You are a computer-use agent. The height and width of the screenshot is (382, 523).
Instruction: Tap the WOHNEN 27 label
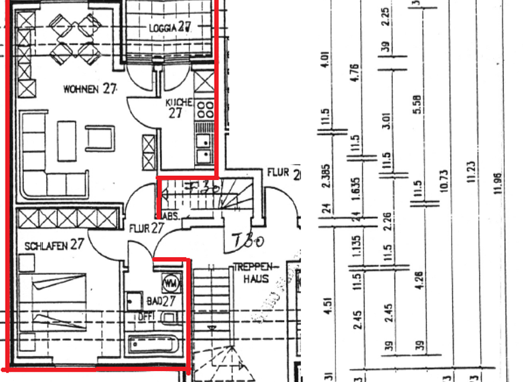[x=89, y=89]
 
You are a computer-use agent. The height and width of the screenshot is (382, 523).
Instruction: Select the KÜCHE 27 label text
[x=179, y=108]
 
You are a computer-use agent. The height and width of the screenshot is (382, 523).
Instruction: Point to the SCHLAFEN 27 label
[x=54, y=244]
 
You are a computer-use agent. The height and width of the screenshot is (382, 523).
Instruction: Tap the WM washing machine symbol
[x=170, y=281]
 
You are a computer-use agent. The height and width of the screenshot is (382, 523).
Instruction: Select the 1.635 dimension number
[x=357, y=194]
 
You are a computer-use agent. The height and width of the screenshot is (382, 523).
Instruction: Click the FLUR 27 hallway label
[x=146, y=228]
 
